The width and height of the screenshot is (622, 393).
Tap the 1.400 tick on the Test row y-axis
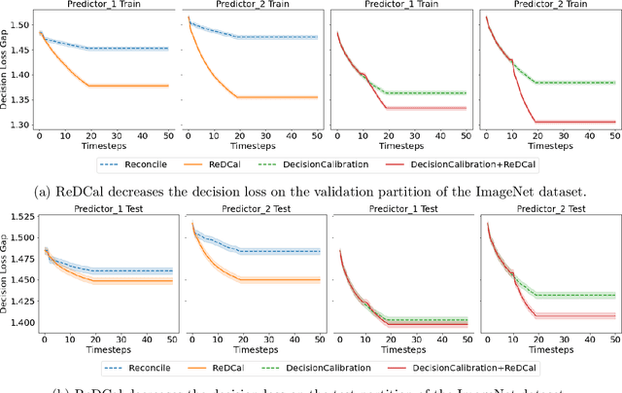17,322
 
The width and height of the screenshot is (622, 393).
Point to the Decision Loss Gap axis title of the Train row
6,71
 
